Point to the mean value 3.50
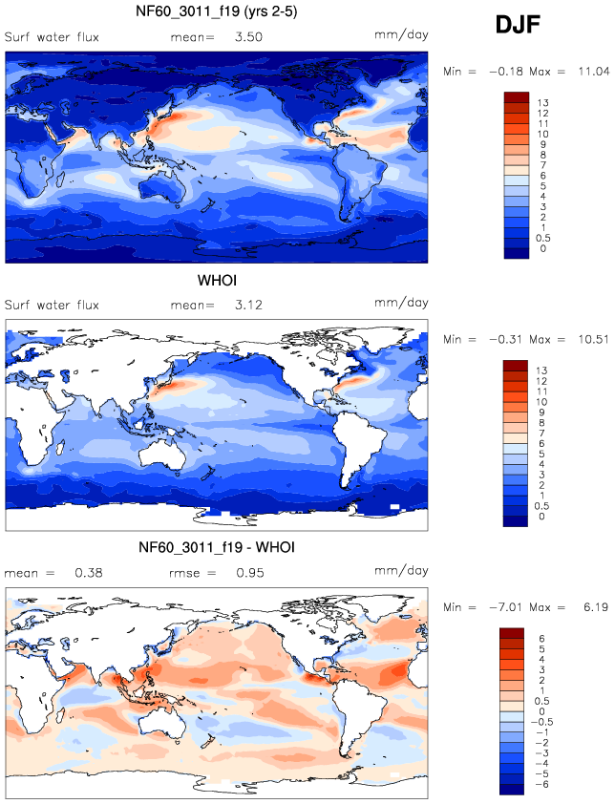point(248,36)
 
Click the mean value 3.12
point(248,306)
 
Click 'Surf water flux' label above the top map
point(52,36)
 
